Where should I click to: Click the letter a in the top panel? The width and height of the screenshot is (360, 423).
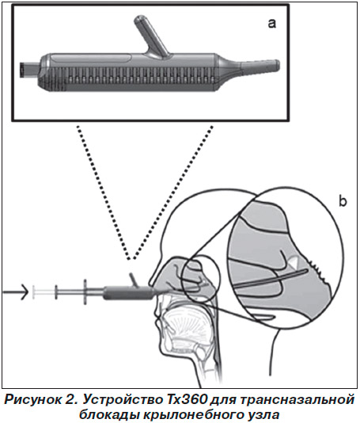point(272,24)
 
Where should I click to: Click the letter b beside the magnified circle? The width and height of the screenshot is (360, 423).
point(343,201)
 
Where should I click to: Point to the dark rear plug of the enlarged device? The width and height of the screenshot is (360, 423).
point(29,70)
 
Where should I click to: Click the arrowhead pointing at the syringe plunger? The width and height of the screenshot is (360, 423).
point(24,292)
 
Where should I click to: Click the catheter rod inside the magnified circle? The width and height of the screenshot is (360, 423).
point(271,277)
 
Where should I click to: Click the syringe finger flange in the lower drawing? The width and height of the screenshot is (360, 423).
point(85,292)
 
